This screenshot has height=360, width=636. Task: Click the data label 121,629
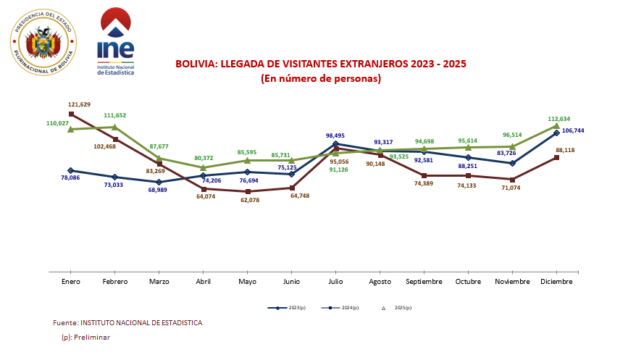(x=80, y=104)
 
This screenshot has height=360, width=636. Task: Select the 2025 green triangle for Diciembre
(x=556, y=126)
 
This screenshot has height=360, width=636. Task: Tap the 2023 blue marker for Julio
(x=335, y=144)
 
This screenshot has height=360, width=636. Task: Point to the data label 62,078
(x=247, y=200)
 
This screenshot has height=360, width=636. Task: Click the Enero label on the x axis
(x=71, y=281)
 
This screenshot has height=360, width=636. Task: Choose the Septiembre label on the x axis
(x=424, y=281)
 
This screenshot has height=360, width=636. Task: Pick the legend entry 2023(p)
(x=287, y=308)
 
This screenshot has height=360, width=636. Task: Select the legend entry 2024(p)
(x=340, y=308)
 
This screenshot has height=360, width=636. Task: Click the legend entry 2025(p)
(x=398, y=308)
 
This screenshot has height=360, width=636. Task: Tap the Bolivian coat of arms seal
(x=43, y=43)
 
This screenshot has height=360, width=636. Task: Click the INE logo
(x=116, y=42)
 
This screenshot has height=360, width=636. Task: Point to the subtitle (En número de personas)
(x=321, y=78)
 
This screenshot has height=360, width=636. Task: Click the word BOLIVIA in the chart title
(x=196, y=64)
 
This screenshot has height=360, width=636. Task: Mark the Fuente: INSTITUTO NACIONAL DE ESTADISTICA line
(x=127, y=322)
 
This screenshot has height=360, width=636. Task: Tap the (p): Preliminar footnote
(x=86, y=338)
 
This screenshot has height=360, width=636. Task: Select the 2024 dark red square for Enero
(x=71, y=114)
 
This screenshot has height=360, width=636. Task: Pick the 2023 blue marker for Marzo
(x=159, y=182)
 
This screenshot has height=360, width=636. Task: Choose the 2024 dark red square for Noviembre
(x=512, y=179)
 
